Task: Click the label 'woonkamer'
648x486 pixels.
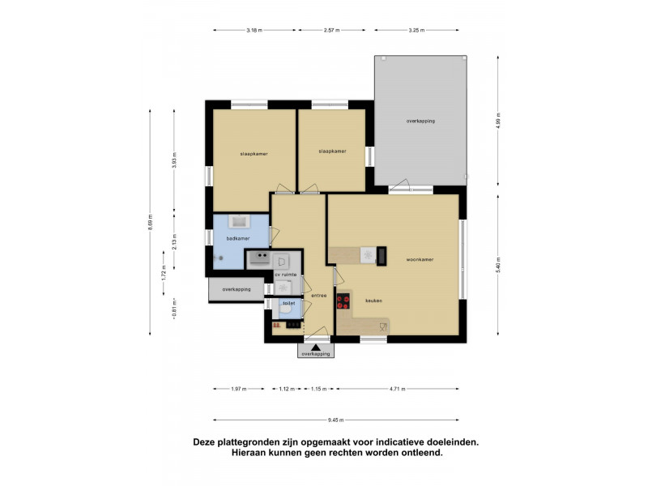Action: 420,260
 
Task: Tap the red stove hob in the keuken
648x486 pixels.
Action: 343,301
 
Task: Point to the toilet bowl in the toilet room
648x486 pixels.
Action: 285,308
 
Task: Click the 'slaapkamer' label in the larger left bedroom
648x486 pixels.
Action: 254,153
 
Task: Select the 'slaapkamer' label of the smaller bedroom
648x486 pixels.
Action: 332,151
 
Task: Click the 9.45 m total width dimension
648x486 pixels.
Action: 336,420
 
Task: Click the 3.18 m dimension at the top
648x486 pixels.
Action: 254,30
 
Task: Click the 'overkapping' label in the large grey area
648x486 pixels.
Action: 420,121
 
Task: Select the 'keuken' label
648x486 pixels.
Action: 373,301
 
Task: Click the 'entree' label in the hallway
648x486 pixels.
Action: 318,296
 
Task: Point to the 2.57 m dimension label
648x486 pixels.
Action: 331,30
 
